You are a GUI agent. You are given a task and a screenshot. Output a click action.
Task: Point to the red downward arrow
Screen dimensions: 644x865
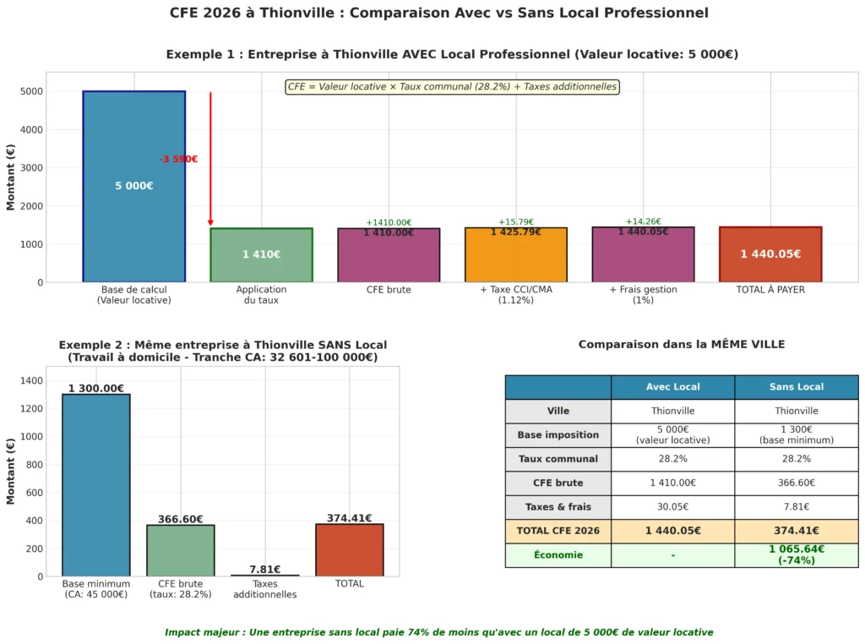click(210, 161)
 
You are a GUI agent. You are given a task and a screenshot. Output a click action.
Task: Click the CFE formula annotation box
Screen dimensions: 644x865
click(453, 87)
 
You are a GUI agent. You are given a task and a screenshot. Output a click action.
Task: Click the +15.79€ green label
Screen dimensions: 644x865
click(515, 222)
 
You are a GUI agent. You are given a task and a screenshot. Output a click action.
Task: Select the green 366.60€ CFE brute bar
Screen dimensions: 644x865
click(180, 550)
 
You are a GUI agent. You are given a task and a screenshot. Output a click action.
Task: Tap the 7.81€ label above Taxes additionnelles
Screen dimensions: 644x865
click(264, 570)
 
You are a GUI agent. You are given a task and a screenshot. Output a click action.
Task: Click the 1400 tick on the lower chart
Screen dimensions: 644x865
click(32, 381)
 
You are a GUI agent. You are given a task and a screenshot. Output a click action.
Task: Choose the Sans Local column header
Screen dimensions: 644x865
click(796, 387)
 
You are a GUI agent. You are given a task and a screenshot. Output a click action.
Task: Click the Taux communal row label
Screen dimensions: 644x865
click(558, 459)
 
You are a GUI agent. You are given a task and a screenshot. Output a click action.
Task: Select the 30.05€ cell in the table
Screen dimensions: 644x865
click(672, 507)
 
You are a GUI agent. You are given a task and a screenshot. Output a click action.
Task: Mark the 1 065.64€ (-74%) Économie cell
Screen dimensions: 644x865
click(796, 554)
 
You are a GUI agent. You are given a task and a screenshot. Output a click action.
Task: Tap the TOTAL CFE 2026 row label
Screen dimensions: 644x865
click(558, 531)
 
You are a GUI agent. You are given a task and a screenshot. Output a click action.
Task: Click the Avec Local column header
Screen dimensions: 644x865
click(672, 387)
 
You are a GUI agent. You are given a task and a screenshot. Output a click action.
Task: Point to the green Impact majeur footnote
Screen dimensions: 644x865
click(438, 632)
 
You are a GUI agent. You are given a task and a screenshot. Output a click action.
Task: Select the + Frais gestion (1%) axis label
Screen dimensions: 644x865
click(643, 294)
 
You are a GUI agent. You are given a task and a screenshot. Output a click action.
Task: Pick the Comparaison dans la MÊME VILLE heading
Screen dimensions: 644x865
click(681, 345)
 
